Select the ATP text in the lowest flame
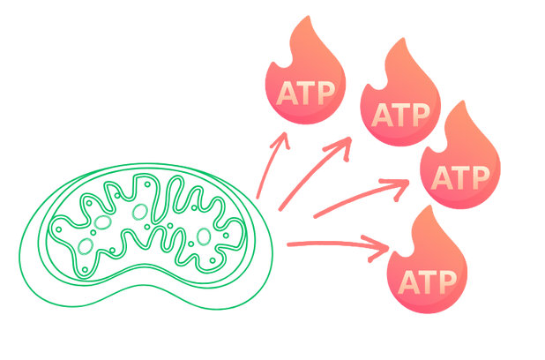click(428, 281)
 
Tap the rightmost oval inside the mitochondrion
click(203, 236)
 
